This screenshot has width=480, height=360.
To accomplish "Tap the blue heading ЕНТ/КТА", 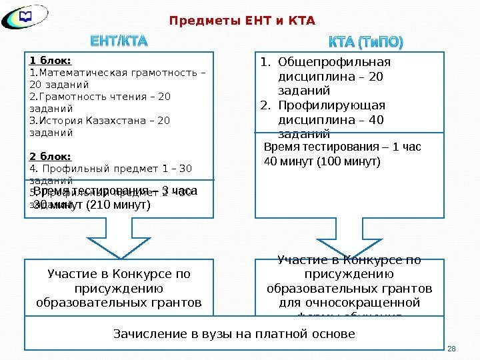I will click(x=119, y=43).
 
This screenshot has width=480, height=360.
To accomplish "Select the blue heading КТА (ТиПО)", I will click(x=366, y=43).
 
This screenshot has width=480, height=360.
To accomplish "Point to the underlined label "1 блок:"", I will click(x=50, y=60).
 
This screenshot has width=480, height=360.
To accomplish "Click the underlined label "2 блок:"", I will click(x=50, y=157).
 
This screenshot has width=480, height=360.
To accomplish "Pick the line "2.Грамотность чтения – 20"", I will click(x=100, y=97).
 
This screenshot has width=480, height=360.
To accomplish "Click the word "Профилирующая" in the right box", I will click(x=331, y=105).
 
